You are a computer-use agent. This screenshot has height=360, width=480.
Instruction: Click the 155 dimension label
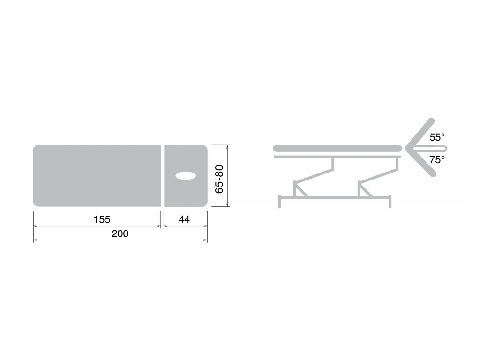[102, 219]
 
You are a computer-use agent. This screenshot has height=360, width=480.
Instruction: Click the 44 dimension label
[184, 219]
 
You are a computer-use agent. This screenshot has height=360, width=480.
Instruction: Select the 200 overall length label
[120, 233]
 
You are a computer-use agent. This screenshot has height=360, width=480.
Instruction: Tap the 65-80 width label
[219, 179]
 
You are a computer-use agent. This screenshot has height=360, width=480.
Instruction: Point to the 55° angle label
[437, 137]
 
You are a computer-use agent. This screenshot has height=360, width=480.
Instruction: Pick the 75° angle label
[437, 160]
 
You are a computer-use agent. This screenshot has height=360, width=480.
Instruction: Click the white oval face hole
[186, 176]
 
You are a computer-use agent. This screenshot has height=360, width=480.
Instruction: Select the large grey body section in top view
[97, 176]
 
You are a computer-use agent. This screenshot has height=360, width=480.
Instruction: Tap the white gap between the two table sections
[163, 176]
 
